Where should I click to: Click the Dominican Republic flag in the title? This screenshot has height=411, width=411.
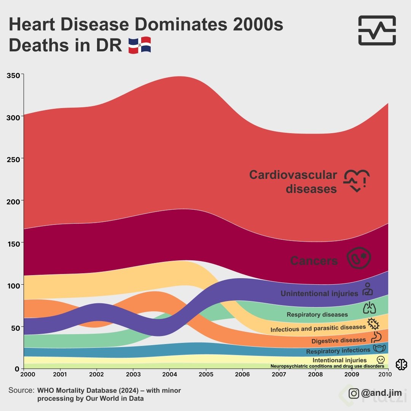pos(140,45)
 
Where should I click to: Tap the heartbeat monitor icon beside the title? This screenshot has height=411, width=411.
pos(377,30)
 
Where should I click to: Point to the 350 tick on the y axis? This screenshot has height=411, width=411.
pos(14,75)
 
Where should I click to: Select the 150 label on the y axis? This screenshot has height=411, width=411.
pos(14,243)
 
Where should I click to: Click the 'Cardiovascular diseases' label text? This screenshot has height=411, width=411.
pos(293,182)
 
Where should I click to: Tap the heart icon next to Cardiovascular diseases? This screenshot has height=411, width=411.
pos(357,180)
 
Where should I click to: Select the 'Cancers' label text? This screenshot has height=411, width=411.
pos(314,261)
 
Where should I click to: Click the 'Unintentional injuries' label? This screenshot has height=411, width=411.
pos(319,293)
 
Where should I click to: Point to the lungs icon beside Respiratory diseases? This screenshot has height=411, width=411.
pos(369,308)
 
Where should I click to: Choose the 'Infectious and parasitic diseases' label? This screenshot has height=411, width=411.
pos(318,328)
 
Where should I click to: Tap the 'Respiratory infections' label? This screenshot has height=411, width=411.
pos(338,350)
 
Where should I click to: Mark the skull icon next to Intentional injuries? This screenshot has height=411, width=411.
pos(380,360)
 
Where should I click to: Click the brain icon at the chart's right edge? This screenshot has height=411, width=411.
pos(401,365)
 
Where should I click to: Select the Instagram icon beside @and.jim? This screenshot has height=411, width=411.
pos(354,393)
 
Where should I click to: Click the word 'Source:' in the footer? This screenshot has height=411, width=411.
pos(21,390)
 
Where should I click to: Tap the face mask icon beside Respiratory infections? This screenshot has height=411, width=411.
pos(379,348)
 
